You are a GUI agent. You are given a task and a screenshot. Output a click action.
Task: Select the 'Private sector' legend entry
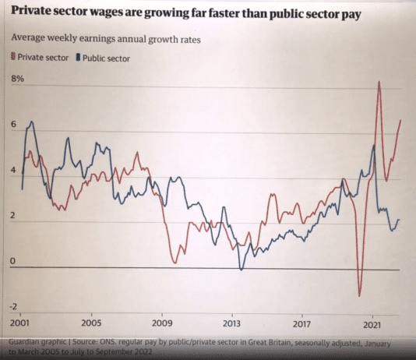(x=40, y=57)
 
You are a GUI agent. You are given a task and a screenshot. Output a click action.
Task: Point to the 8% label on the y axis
(x=17, y=79)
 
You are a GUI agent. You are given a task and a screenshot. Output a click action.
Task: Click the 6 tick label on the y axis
(x=13, y=125)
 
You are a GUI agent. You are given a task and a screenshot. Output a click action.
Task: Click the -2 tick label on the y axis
(x=15, y=306)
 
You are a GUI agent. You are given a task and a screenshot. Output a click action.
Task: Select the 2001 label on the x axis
(x=20, y=323)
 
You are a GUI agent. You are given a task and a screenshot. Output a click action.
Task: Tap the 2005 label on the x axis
(x=91, y=323)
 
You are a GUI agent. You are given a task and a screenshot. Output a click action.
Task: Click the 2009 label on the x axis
(x=161, y=323)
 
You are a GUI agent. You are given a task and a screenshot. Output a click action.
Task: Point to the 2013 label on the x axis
(x=231, y=323)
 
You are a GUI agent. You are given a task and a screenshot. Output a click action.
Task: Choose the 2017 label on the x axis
(x=302, y=323)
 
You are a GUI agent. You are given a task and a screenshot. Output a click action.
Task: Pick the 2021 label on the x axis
(x=372, y=323)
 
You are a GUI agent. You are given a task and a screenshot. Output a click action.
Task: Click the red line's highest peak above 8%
(x=379, y=82)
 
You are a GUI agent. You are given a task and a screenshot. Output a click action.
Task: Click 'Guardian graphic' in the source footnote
(x=40, y=344)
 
